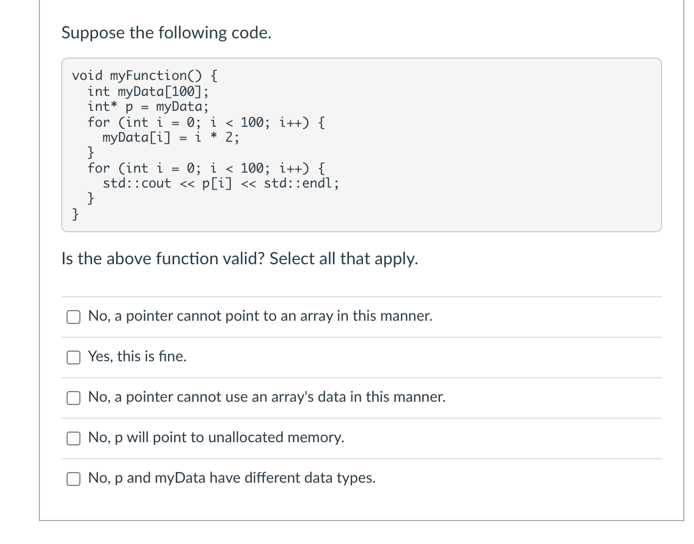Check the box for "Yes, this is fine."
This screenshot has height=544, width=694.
tap(74, 357)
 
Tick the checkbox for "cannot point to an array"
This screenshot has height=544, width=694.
tap(74, 316)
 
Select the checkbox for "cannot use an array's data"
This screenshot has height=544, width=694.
tap(74, 397)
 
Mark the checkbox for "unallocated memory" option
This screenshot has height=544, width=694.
tap(74, 438)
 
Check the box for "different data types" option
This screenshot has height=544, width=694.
tap(74, 478)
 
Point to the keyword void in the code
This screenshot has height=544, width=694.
tap(87, 76)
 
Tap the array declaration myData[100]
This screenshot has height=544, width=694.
tap(159, 92)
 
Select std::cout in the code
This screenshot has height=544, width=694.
tap(137, 184)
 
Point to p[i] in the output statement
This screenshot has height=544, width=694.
tap(217, 184)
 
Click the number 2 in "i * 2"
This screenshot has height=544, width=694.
tap(230, 138)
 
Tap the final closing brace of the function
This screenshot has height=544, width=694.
tap(76, 214)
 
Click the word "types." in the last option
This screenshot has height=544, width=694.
tap(359, 478)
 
